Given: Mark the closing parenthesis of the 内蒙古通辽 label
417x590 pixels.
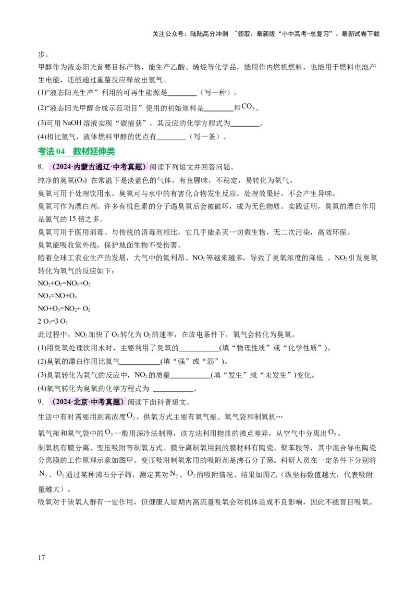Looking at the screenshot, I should pos(145,167).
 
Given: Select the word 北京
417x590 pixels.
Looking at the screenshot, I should pos(81,402).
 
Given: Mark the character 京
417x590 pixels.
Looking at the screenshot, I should pos(84,402).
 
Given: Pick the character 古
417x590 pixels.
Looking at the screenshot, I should pos(92,167).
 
